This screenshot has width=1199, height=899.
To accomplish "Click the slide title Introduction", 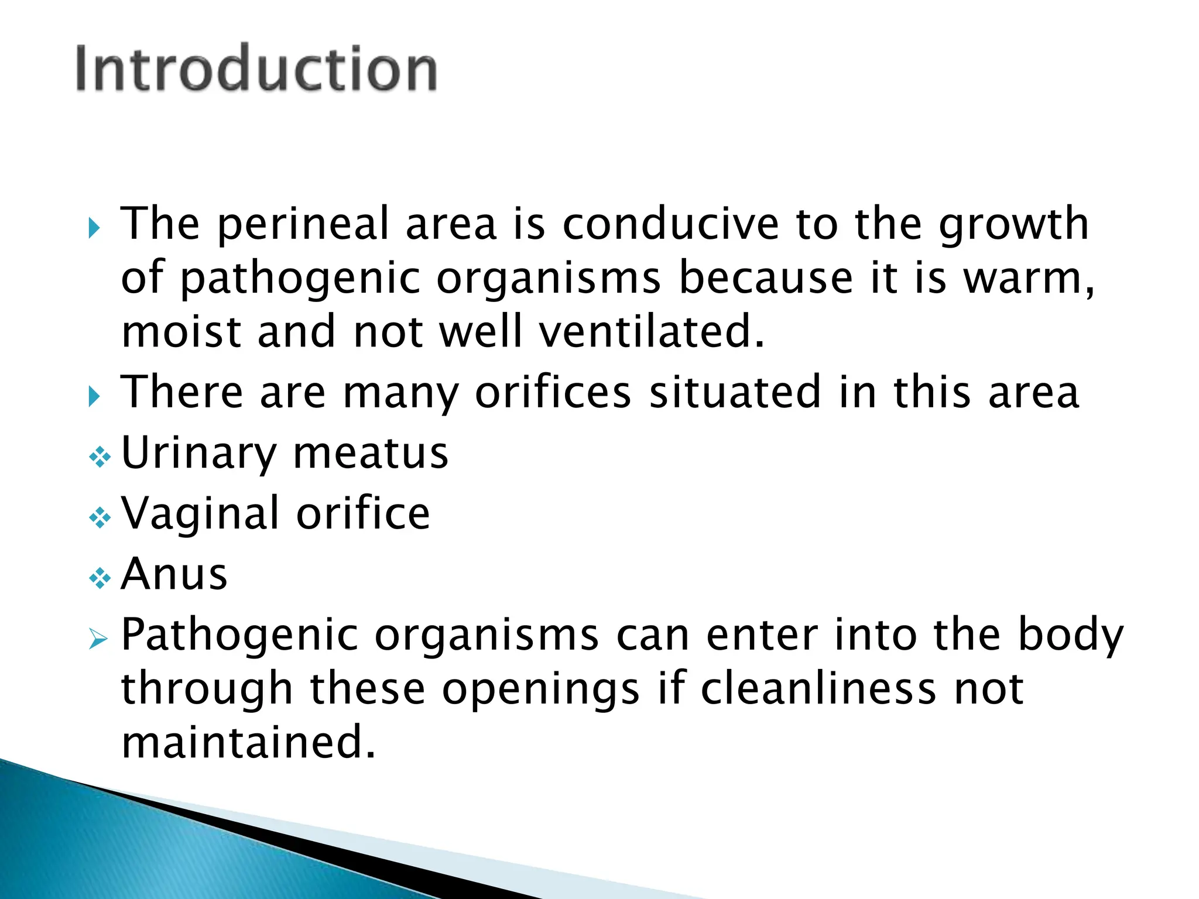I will [x=256, y=69].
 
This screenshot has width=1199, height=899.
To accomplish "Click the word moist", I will [x=181, y=332].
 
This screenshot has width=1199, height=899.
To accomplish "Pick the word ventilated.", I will [x=651, y=332].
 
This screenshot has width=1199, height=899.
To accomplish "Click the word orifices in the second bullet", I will [x=553, y=392].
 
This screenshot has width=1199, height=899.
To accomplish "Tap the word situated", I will [x=735, y=392].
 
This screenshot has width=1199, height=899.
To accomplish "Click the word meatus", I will [x=370, y=454].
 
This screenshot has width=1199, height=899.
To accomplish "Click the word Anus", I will [x=174, y=575].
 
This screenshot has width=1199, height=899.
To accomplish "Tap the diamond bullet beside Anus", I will [x=100, y=579].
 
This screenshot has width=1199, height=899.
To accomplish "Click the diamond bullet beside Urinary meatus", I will [x=100, y=457].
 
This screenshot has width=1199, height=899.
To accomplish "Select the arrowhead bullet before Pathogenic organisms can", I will [x=98, y=640].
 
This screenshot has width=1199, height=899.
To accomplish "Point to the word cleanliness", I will [x=818, y=689].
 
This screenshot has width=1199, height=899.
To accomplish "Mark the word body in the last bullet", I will [x=1070, y=636].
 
